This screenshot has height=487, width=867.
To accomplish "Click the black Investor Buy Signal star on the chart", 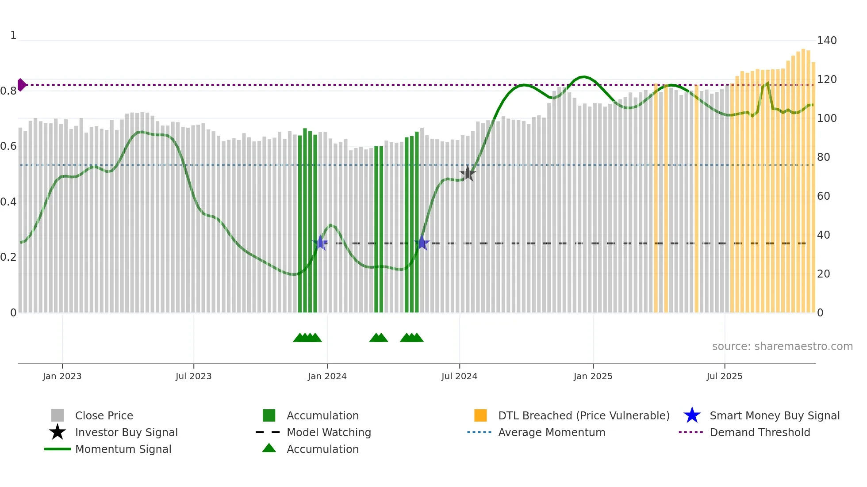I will click(x=468, y=173).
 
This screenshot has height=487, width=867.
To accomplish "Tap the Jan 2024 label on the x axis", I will click(x=327, y=376).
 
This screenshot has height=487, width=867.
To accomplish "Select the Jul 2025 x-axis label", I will click(x=724, y=376).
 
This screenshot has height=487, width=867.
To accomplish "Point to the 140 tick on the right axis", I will click(x=826, y=41).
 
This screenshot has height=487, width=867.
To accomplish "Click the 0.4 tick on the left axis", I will click(x=8, y=202).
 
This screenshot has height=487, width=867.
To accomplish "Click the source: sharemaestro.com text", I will click(x=782, y=346).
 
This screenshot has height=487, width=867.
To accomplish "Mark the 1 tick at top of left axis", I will click(x=13, y=35).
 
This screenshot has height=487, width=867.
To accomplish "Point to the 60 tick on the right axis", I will click(x=823, y=196).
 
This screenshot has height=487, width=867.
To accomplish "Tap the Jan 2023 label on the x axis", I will click(x=62, y=376).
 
